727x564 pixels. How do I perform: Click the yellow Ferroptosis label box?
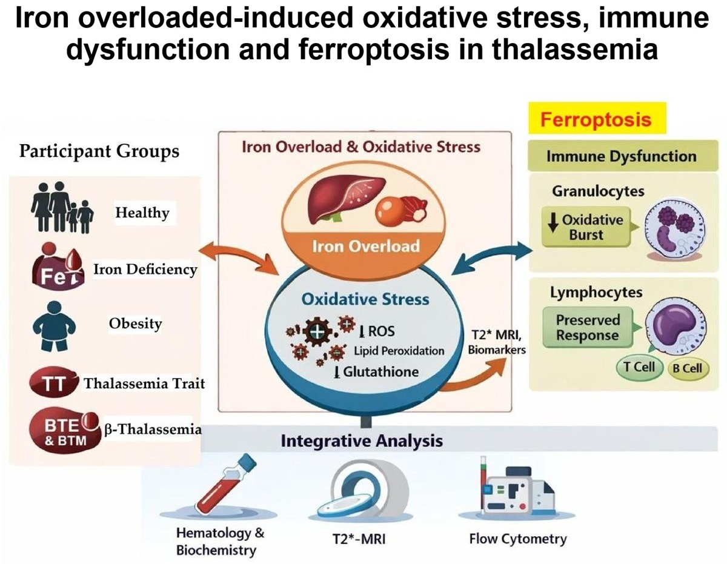[597, 118]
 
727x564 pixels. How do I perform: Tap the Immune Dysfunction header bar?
[623, 156]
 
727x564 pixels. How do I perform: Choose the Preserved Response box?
[588, 328]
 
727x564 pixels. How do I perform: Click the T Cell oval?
[639, 367]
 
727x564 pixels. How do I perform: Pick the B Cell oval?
[688, 368]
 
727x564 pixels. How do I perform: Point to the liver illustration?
[347, 200]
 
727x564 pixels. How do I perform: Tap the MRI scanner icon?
[363, 491]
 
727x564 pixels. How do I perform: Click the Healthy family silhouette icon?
[62, 207]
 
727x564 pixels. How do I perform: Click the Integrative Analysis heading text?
[362, 440]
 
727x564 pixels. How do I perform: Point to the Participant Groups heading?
[99, 151]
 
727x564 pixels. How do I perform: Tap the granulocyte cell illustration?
[676, 230]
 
